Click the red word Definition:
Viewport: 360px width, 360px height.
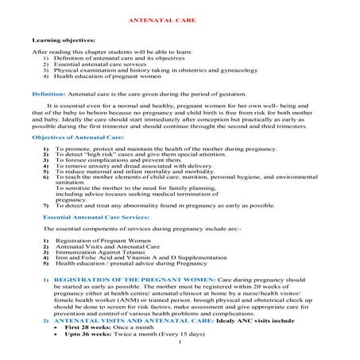pos(48,94)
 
